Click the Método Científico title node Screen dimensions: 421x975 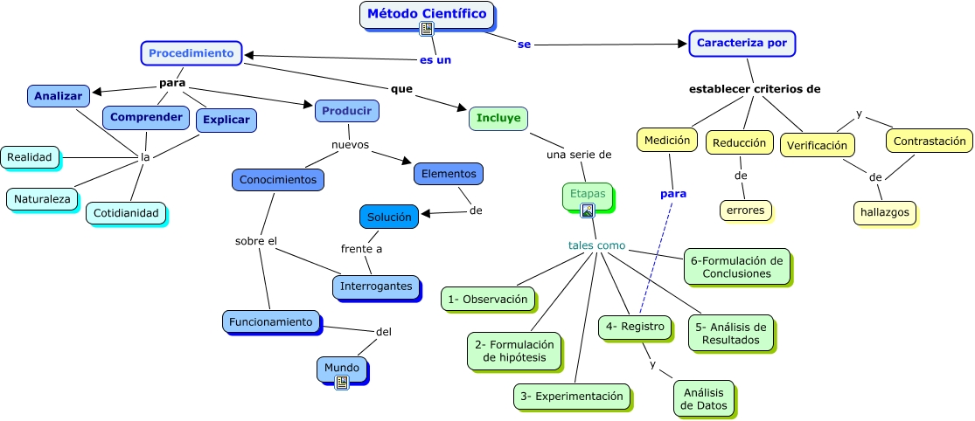click(x=427, y=14)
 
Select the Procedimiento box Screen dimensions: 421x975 click(x=192, y=53)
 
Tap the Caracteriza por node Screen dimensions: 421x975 click(x=742, y=43)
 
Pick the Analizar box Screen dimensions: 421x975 click(x=59, y=96)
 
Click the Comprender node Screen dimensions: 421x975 click(x=146, y=117)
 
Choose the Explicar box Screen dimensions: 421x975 click(x=226, y=121)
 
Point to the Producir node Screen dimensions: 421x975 click(x=346, y=110)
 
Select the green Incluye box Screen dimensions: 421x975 click(x=498, y=118)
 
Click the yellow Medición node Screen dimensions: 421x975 click(x=667, y=140)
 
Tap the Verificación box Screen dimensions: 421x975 click(x=817, y=145)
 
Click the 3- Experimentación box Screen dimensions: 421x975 click(x=571, y=397)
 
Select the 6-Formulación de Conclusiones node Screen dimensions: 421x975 click(x=736, y=266)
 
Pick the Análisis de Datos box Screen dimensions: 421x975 click(x=704, y=398)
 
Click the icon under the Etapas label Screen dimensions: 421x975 click(x=588, y=210)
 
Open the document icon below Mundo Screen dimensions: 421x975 click(x=342, y=382)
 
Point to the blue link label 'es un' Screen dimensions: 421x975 click(x=435, y=60)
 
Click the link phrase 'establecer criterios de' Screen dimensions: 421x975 click(x=754, y=89)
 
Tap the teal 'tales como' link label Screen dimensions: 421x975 click(x=596, y=245)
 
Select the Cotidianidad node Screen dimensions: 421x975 click(x=126, y=213)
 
